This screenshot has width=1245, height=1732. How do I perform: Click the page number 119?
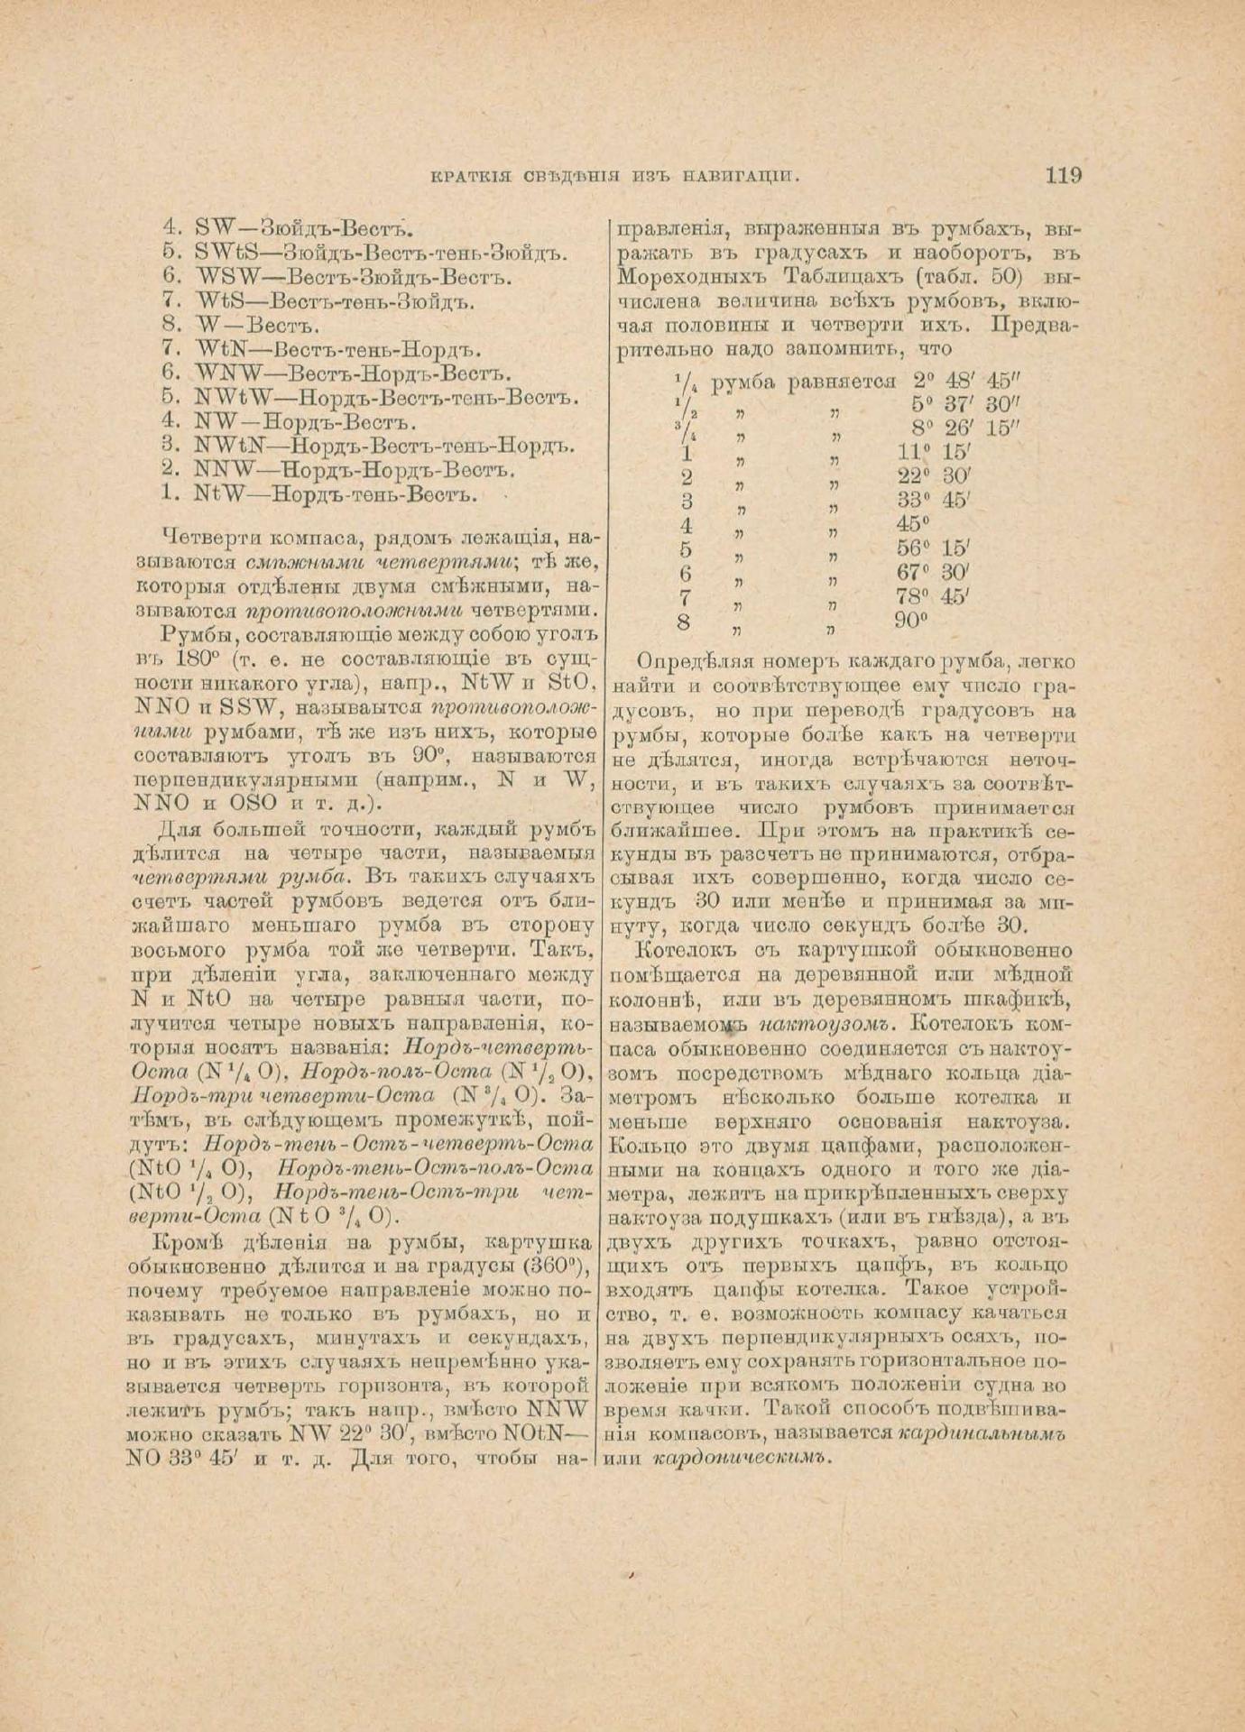pyautogui.click(x=1064, y=175)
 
